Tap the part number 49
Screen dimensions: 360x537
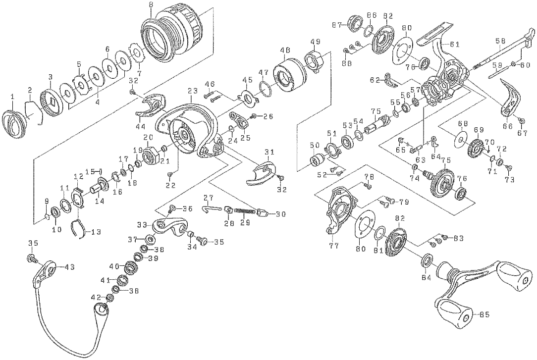(315, 41)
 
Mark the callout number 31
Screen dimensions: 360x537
(269, 152)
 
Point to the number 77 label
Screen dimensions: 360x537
(334, 245)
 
